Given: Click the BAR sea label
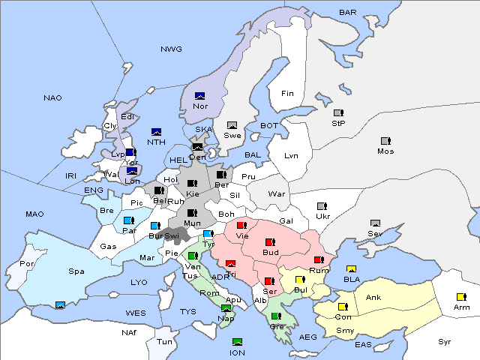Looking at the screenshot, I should tap(347, 12).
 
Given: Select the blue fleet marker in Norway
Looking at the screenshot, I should tap(199, 95).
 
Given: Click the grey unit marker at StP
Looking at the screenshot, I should tap(338, 112).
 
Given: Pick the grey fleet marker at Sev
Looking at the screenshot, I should tap(375, 223).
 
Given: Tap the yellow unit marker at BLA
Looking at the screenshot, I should tap(350, 269).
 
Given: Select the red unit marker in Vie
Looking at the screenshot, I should tap(241, 225).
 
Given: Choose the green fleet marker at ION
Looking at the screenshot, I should tap(237, 342).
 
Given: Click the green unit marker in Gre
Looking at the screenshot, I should tap(275, 316).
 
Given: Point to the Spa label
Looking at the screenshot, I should tap(76, 271).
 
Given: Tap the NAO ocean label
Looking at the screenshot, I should tap(52, 97).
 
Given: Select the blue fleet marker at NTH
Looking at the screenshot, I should tap(156, 131).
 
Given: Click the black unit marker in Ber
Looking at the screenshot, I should tap(220, 175).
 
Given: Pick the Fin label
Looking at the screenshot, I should tap(287, 93).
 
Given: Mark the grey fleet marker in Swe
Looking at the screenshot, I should tap(232, 125).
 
